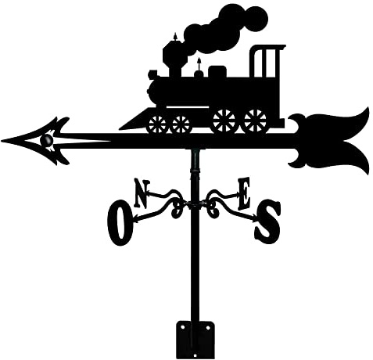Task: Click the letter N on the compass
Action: tap(142, 193)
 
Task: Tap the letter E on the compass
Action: tap(244, 193)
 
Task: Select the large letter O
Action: tap(120, 222)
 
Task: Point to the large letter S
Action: tap(267, 221)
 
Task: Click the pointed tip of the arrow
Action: tap(2, 141)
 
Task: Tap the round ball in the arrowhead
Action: tap(46, 140)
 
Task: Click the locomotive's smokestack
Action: tap(174, 56)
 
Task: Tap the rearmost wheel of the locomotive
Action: tap(255, 121)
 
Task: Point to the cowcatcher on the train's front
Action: tap(134, 121)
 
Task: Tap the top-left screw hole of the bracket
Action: tap(182, 327)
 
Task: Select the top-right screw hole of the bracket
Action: tap(209, 327)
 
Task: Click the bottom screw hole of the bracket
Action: tap(195, 355)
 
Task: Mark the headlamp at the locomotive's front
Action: tap(153, 74)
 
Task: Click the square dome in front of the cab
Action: tap(217, 71)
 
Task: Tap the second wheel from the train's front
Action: tap(181, 124)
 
